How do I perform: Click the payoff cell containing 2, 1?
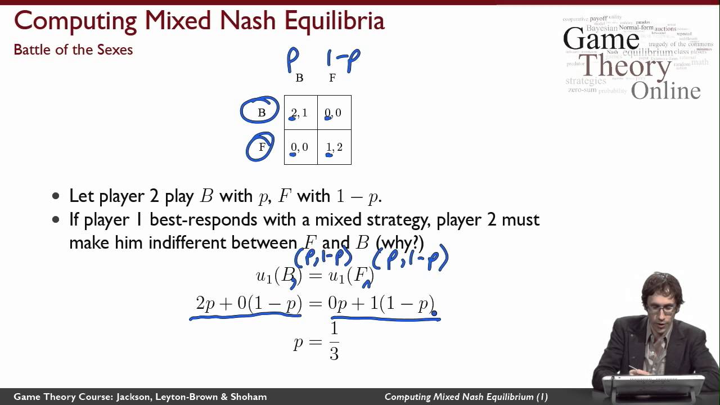(300, 113)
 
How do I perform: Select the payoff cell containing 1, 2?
(335, 147)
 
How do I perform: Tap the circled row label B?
(260, 112)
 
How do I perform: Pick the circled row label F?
(261, 147)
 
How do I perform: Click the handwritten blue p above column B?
(293, 58)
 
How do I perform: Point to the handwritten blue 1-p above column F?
(343, 58)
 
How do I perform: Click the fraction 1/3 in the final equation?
(334, 341)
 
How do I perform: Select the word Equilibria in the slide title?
(334, 21)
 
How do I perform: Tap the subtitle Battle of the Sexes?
(73, 49)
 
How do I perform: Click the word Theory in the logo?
(624, 66)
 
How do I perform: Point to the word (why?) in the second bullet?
(399, 242)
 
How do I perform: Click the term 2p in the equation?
(205, 304)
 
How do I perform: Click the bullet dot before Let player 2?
(55, 196)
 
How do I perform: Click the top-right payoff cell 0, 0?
(334, 113)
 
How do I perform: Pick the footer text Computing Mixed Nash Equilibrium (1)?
(466, 397)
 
